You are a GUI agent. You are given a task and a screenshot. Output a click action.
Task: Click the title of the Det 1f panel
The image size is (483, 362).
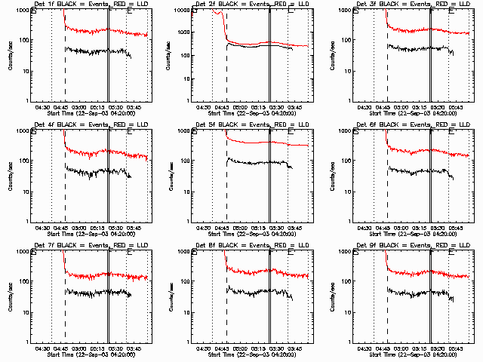tap(88, 5)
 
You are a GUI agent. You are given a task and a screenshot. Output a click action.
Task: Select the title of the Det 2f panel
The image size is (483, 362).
tap(250, 5)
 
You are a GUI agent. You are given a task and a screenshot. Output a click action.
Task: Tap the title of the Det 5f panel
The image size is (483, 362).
tap(250, 125)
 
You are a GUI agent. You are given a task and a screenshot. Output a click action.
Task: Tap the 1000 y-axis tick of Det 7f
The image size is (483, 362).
tap(22, 251)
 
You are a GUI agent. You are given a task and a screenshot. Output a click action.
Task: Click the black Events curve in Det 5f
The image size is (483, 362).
tap(257, 162)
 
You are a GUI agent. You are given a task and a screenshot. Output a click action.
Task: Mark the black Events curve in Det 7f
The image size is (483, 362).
tap(91, 292)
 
